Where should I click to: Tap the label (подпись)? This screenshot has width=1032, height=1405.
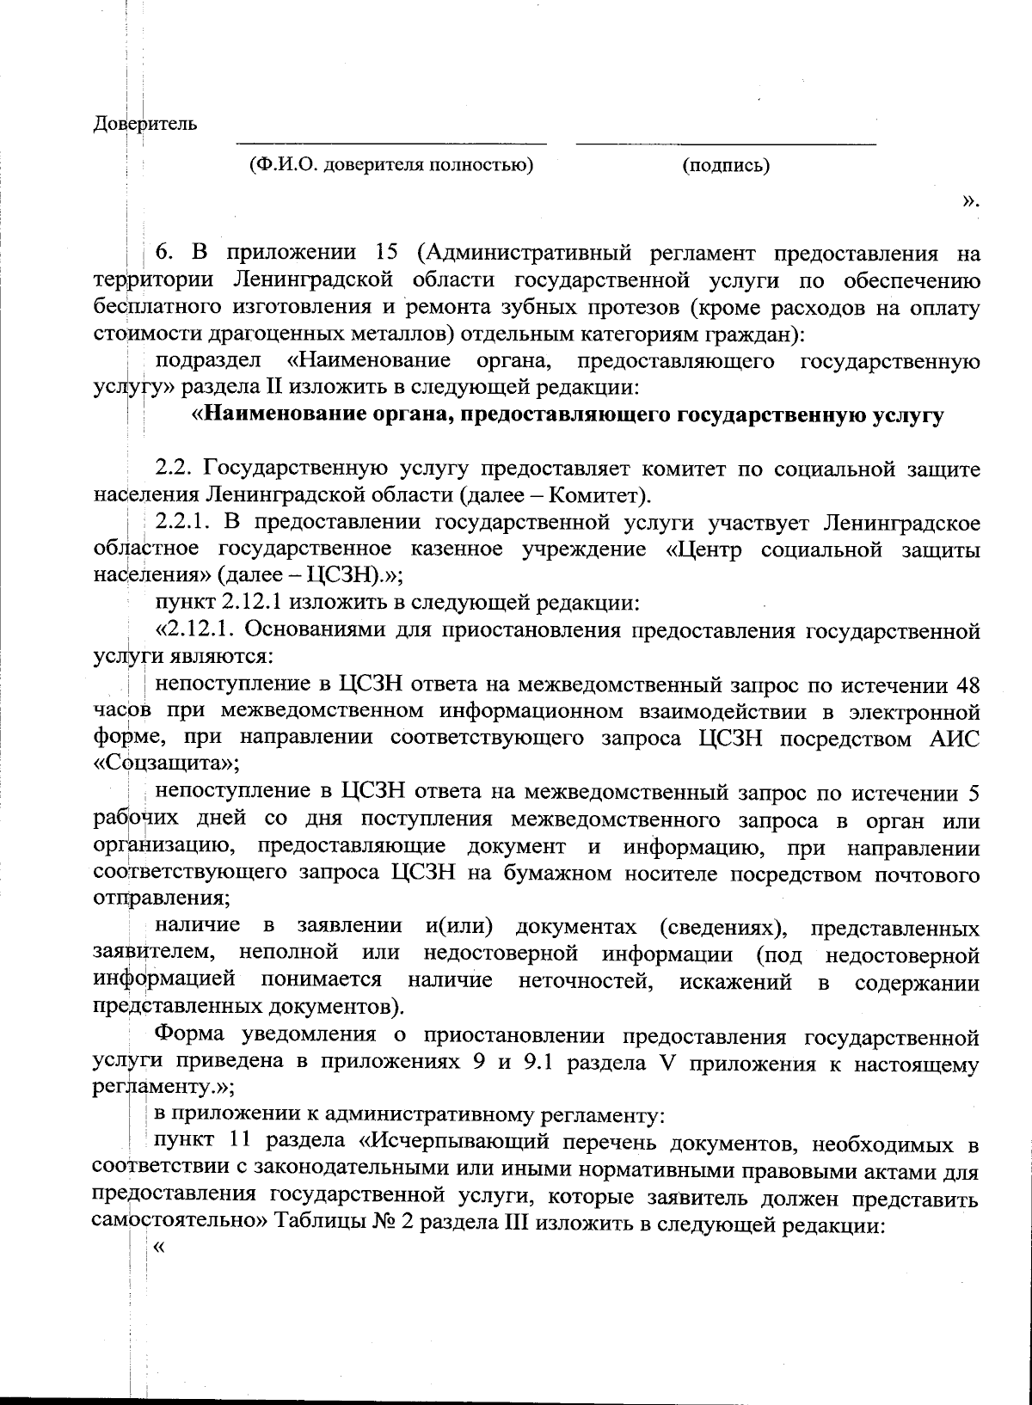click(725, 165)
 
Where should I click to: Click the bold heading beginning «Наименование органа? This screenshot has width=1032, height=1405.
click(568, 415)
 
